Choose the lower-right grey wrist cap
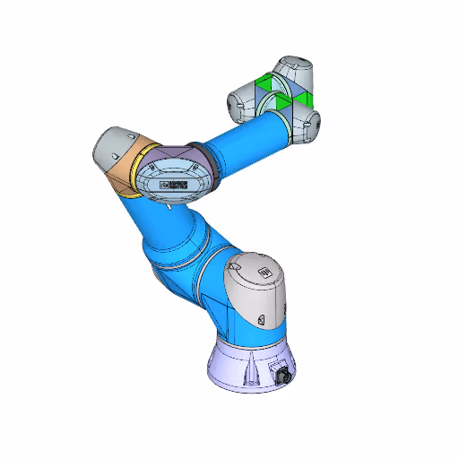tap(309, 126)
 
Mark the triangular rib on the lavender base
tap(255, 368)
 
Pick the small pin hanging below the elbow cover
tap(168, 209)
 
